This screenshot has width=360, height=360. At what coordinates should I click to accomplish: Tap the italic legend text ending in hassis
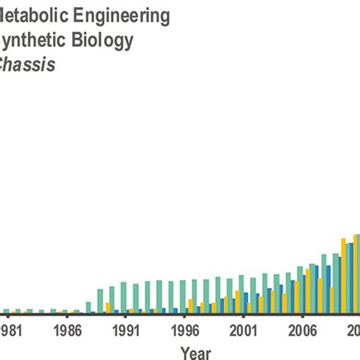coord(29,65)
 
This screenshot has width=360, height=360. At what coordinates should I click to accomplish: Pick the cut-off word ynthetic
coord(30,39)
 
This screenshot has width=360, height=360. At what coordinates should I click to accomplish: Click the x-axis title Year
coord(196,352)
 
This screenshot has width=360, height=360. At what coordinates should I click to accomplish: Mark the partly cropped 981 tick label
coord(11,330)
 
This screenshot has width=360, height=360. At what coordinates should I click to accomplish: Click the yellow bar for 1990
coord(108,308)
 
